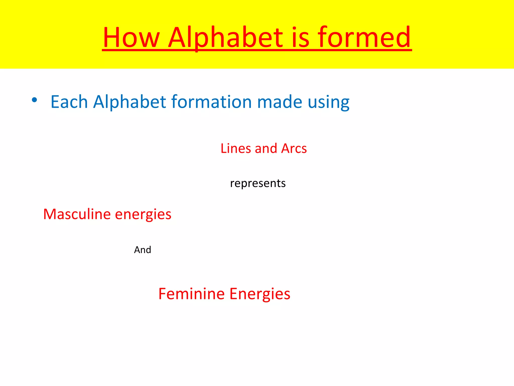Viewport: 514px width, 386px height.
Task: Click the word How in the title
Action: pyautogui.click(x=131, y=38)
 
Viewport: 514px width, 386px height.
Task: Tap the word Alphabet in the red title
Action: pyautogui.click(x=225, y=38)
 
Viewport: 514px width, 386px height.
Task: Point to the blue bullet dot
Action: pyautogui.click(x=35, y=100)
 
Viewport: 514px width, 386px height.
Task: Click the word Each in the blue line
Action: pyautogui.click(x=69, y=102)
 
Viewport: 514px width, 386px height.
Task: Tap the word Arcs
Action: pyautogui.click(x=294, y=148)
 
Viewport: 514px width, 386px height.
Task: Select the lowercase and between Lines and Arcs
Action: pyautogui.click(x=266, y=148)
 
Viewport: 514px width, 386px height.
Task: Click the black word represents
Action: pyautogui.click(x=258, y=183)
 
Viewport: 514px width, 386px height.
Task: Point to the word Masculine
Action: pyautogui.click(x=77, y=214)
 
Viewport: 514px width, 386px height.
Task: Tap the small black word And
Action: pyautogui.click(x=143, y=250)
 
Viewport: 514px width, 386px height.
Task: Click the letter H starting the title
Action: pyautogui.click(x=112, y=38)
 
